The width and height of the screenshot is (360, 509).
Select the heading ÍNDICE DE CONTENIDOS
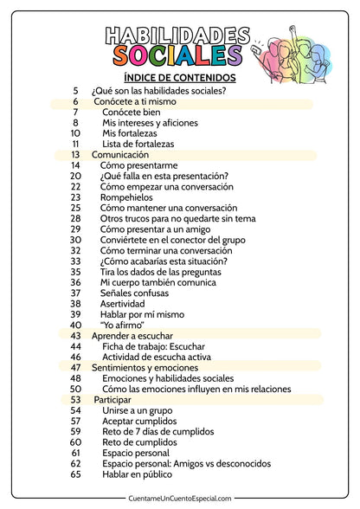coord(180,77)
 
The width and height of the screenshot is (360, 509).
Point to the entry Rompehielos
coord(127,197)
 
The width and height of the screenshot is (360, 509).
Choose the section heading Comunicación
coord(120,154)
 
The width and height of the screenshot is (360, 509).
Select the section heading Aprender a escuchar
coord(132,335)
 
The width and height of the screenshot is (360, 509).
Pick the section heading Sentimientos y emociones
coord(145,367)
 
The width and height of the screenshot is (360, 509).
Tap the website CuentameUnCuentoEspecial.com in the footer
coord(180,498)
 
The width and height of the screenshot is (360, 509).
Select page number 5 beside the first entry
coord(75,90)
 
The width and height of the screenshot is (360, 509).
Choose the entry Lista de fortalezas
coord(138,144)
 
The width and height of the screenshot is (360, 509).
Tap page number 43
coord(75,335)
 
